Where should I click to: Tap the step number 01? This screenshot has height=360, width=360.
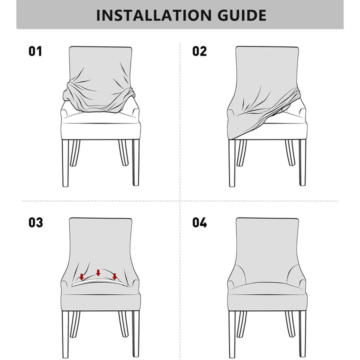[x=35, y=51]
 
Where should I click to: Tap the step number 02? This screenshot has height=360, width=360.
[x=199, y=51]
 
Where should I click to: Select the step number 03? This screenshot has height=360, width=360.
[x=35, y=222]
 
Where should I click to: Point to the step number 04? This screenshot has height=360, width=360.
[x=199, y=222]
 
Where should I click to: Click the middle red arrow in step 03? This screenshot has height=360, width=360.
[x=98, y=272]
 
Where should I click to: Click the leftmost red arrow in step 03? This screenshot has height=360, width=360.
[x=82, y=276]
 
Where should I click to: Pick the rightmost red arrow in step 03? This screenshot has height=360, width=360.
[x=114, y=276]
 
